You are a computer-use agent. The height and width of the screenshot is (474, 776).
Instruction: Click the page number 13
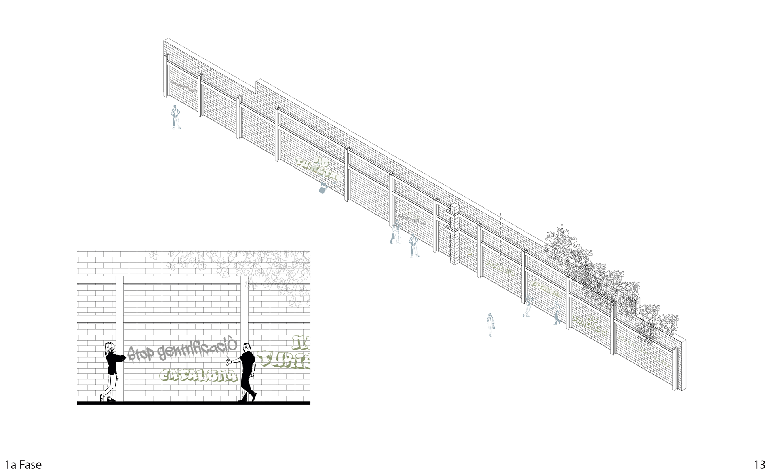click(x=759, y=464)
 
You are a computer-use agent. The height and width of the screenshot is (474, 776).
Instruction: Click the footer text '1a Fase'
click(x=23, y=465)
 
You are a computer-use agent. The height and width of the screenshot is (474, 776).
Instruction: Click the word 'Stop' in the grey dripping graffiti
click(x=140, y=353)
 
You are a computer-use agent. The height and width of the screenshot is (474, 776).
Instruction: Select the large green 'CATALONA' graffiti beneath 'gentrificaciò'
click(x=198, y=375)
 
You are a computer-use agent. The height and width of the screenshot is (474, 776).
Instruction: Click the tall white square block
click(x=521, y=176)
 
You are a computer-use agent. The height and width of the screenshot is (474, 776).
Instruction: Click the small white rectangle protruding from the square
click(x=565, y=162)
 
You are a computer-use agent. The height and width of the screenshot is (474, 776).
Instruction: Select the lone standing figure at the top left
click(x=175, y=117)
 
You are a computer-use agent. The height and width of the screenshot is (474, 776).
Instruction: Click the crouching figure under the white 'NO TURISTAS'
click(x=324, y=187)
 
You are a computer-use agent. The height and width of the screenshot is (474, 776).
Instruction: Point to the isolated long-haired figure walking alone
click(x=491, y=324)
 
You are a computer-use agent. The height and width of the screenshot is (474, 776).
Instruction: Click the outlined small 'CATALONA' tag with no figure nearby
click(x=500, y=268)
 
